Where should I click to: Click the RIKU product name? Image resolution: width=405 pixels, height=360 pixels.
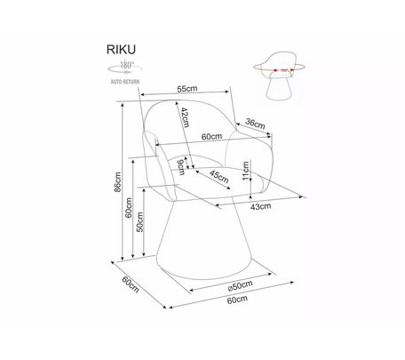pyautogui.click(x=121, y=50)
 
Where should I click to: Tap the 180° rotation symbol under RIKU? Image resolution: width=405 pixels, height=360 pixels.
pyautogui.click(x=124, y=68)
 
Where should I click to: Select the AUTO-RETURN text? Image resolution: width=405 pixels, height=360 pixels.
pyautogui.click(x=125, y=82)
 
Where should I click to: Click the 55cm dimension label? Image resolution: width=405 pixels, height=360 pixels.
pyautogui.click(x=187, y=88)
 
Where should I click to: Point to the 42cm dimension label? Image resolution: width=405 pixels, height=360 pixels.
pyautogui.click(x=186, y=117)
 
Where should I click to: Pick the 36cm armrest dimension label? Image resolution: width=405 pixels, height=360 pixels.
pyautogui.click(x=255, y=124)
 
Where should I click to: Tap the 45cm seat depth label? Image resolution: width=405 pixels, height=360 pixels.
pyautogui.click(x=218, y=177)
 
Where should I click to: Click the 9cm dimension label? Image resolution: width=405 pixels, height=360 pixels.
pyautogui.click(x=180, y=167)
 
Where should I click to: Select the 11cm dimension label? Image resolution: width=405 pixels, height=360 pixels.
pyautogui.click(x=246, y=171)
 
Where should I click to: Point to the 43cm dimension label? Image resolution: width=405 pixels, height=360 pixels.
pyautogui.click(x=260, y=206)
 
